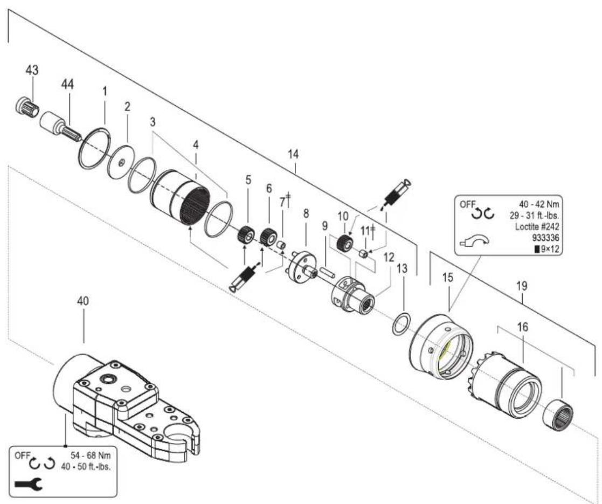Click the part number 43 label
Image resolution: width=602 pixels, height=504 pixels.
point(32,70)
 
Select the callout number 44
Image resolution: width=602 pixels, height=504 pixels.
point(68,84)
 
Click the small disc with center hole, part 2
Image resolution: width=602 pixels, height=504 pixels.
point(121,162)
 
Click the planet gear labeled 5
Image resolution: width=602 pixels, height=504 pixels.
point(245,234)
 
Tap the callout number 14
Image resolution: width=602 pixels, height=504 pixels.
point(293,154)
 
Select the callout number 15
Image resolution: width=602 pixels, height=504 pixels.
point(447,277)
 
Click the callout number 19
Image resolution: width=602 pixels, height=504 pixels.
point(521,286)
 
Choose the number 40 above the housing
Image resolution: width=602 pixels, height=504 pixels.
point(83,301)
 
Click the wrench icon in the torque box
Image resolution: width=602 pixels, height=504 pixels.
point(29,484)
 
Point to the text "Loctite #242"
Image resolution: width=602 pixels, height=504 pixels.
point(537,226)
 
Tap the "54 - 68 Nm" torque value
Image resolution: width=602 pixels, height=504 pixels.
point(91,455)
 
